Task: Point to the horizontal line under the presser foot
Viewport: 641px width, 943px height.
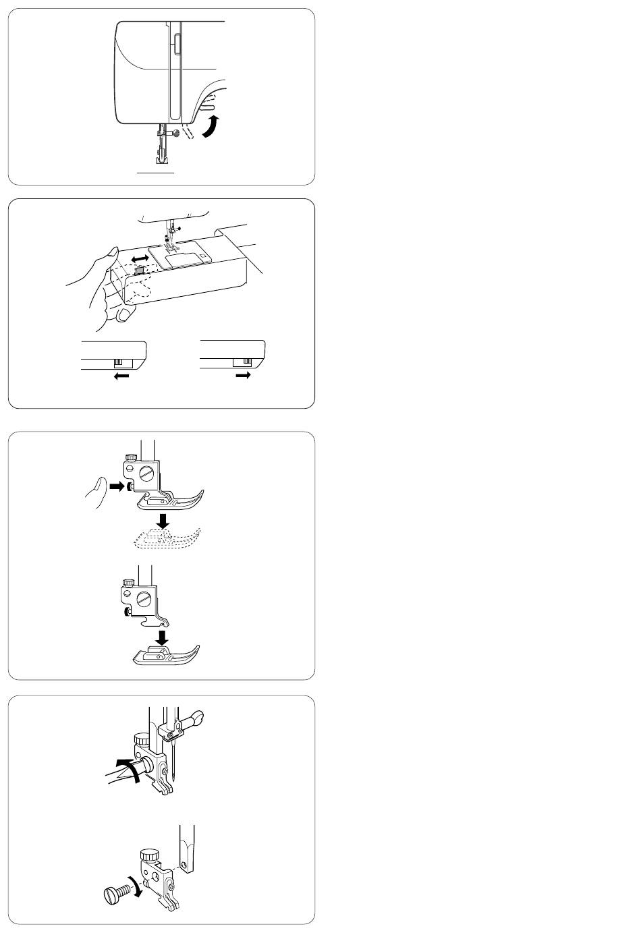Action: pyautogui.click(x=157, y=172)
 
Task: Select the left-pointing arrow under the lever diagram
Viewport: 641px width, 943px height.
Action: pyautogui.click(x=121, y=377)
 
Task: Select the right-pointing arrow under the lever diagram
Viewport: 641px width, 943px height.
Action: pyautogui.click(x=242, y=377)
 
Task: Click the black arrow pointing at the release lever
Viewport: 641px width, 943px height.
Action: pyautogui.click(x=117, y=486)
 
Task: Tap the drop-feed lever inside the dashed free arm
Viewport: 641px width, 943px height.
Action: pyautogui.click(x=139, y=271)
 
